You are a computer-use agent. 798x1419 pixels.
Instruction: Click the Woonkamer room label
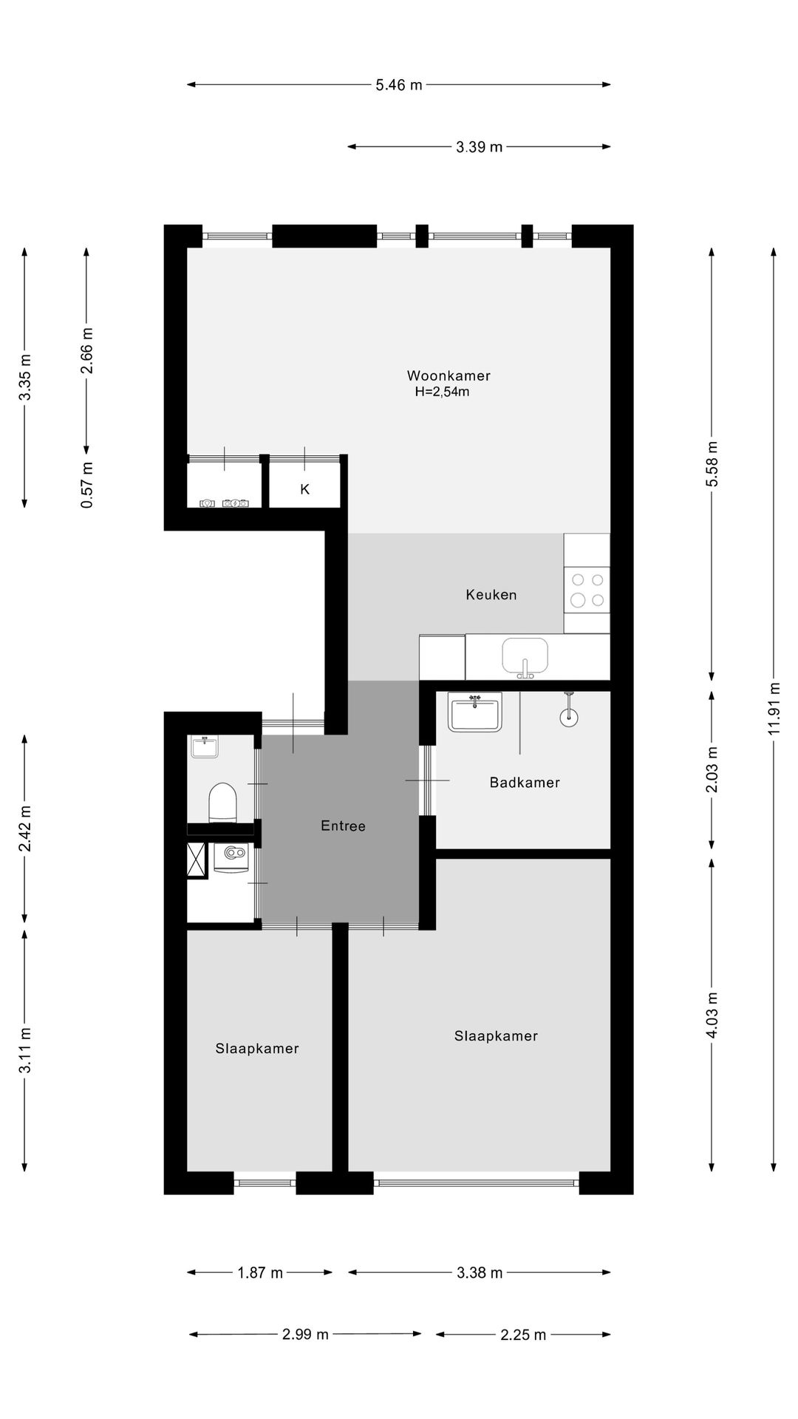coord(449,375)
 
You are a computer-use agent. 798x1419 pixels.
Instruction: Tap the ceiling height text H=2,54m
coord(442,392)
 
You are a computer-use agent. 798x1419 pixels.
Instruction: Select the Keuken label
coord(491,595)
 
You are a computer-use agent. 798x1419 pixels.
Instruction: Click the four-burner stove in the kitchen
coord(587,590)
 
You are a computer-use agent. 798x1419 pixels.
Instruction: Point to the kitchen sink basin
coord(525,656)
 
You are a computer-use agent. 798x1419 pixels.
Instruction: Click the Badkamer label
coord(525,783)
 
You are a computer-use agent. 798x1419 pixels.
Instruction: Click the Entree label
coord(343,826)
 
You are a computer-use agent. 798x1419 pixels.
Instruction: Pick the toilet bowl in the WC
coord(222,802)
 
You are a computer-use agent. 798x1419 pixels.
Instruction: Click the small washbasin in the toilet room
coord(204,746)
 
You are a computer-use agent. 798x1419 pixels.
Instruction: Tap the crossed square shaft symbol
coord(197,860)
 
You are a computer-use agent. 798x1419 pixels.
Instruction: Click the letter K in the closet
coord(304,489)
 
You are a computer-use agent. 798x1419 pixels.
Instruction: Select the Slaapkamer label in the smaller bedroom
coord(257,1049)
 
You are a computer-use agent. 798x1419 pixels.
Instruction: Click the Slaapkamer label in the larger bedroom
coord(496,1036)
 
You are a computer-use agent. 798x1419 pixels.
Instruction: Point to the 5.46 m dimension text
coord(399,85)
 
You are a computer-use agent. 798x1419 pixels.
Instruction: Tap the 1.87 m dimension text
coord(260,1273)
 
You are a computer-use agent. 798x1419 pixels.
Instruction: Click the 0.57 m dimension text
coord(87,485)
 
